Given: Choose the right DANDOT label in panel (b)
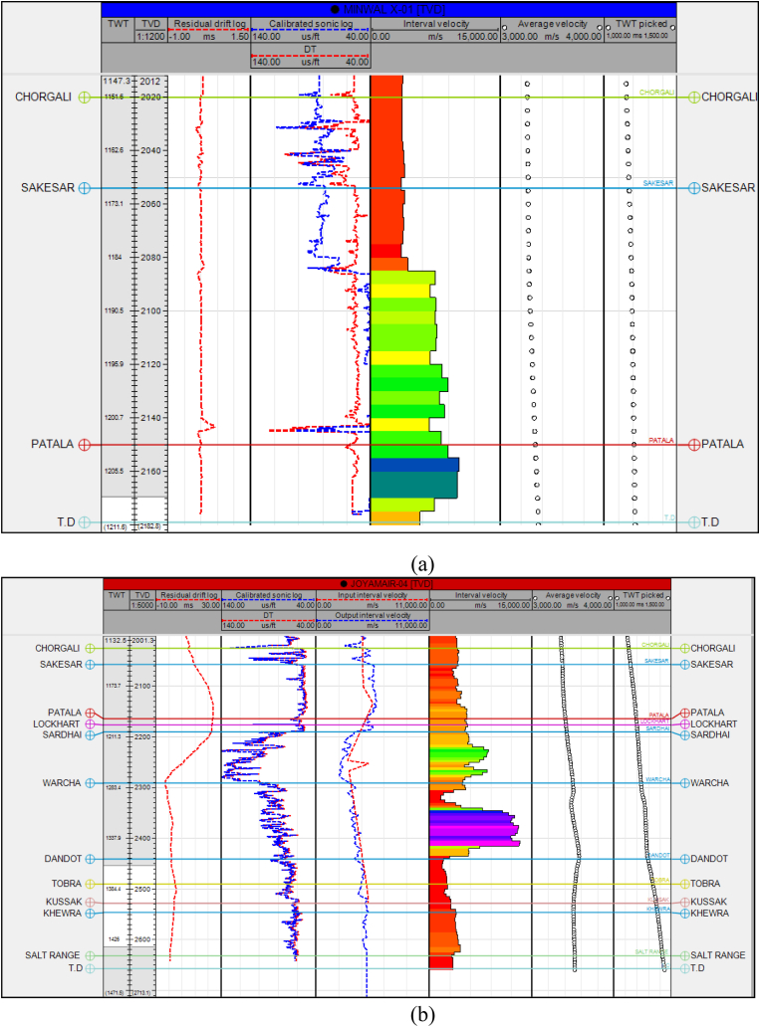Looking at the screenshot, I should click(x=713, y=859).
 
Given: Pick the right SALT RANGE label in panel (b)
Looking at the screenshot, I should click(x=718, y=955).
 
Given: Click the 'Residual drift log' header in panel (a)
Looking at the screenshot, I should click(x=207, y=22).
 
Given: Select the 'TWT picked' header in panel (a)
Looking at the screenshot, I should click(x=639, y=22).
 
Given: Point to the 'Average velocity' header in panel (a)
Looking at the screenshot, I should click(x=550, y=22).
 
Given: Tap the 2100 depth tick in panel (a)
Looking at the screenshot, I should click(x=152, y=311).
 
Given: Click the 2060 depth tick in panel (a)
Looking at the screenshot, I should click(x=152, y=204).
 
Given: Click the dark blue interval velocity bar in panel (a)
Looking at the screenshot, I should click(x=414, y=464).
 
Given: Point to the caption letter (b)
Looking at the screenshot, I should click(x=380, y=1015).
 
